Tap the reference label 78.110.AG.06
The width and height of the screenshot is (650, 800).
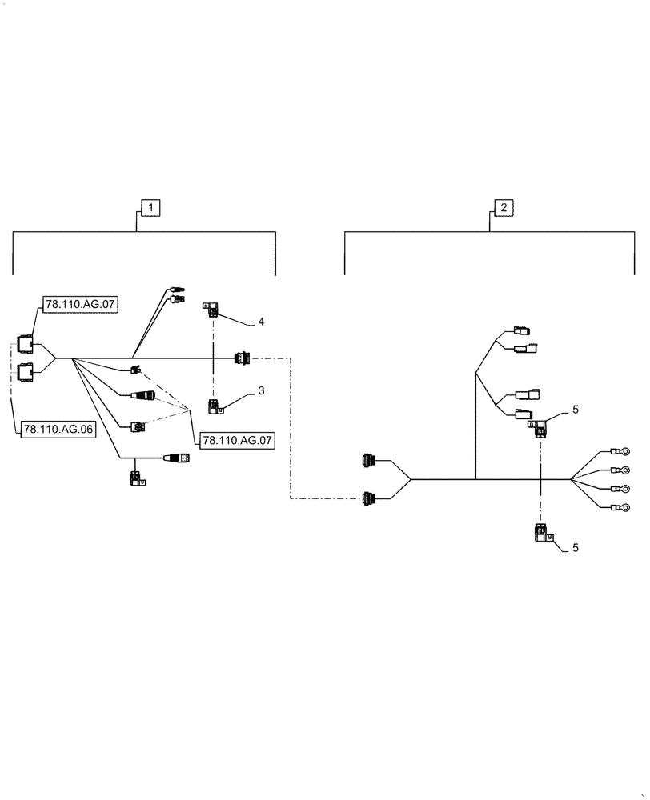[x=58, y=430]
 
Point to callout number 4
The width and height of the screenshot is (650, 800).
[x=261, y=321]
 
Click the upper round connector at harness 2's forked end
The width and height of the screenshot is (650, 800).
[x=368, y=461]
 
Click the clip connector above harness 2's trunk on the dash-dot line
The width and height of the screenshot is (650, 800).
[x=542, y=429]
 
